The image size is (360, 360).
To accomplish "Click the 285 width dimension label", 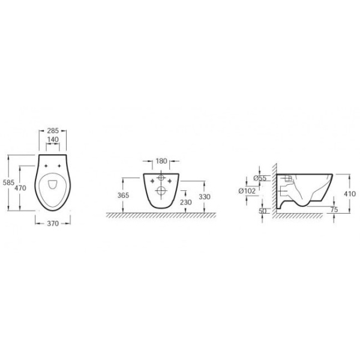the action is pyautogui.click(x=53, y=131).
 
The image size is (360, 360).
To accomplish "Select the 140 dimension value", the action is pyautogui.click(x=53, y=139).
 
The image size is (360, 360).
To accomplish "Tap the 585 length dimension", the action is pyautogui.click(x=8, y=182).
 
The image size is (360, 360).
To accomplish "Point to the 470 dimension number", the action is pyautogui.click(x=20, y=188).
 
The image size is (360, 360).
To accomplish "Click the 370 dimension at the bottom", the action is pyautogui.click(x=53, y=223).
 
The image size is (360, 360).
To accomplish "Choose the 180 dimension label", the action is pyautogui.click(x=161, y=161).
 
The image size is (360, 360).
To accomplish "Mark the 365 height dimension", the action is pyautogui.click(x=123, y=196).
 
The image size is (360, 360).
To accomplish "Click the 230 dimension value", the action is pyautogui.click(x=186, y=202).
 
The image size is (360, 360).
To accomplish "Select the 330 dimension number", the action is pyautogui.click(x=205, y=197).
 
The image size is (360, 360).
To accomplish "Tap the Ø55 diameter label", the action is pyautogui.click(x=260, y=178).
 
